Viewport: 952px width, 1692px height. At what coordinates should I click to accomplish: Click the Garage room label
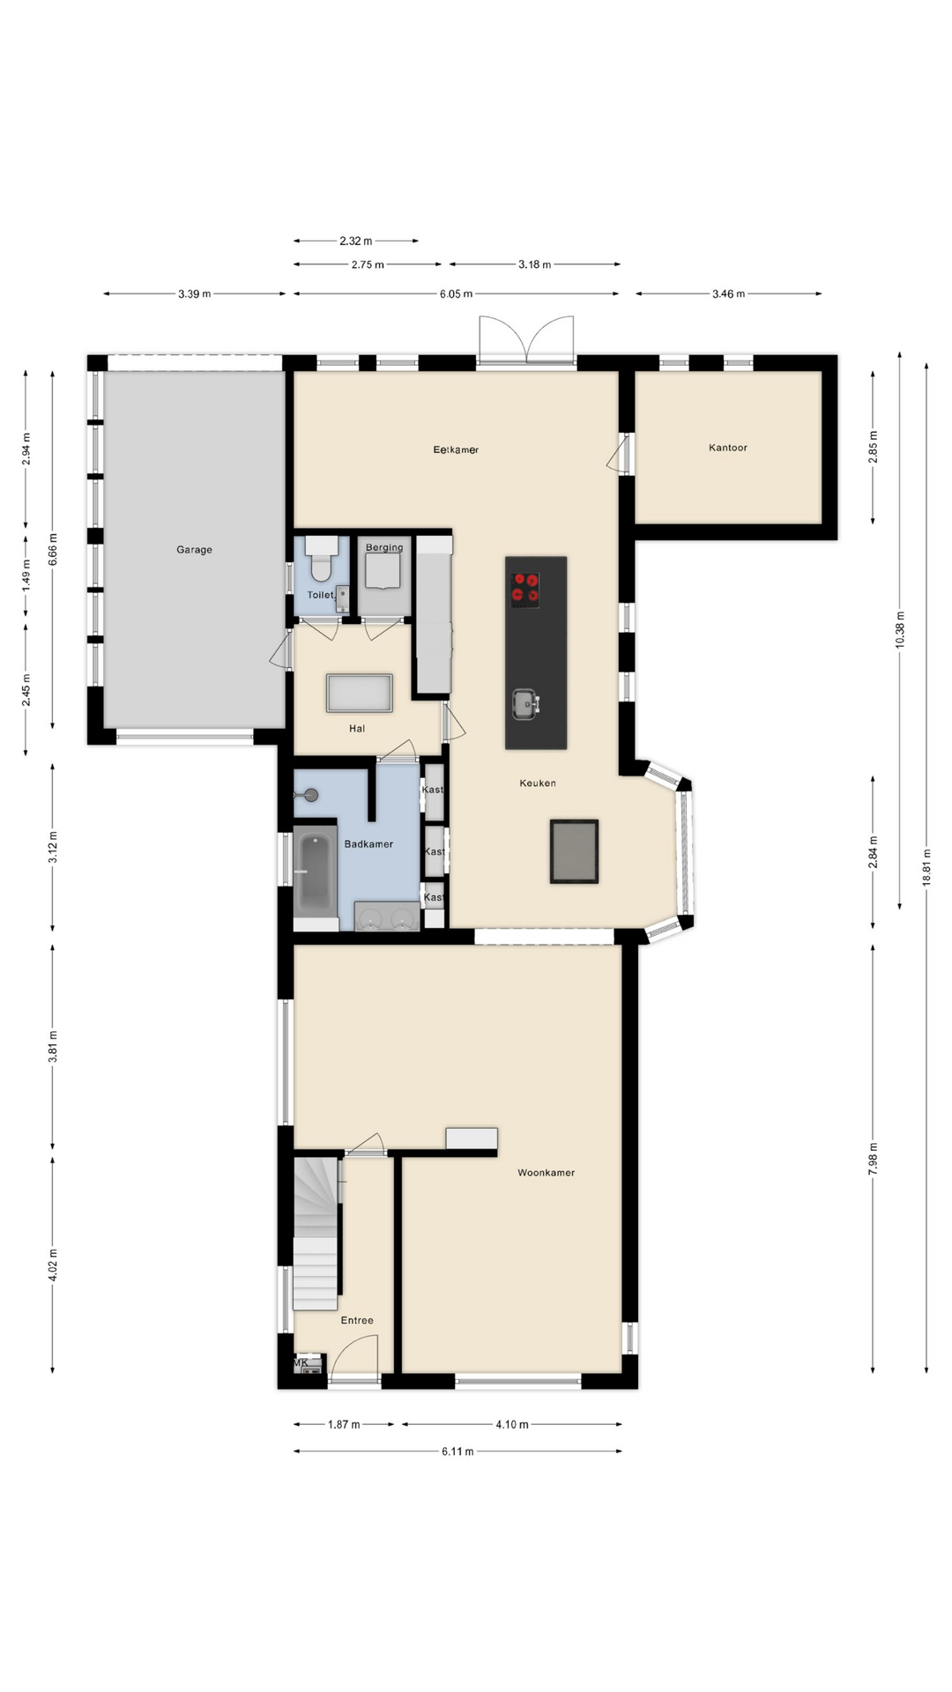194,550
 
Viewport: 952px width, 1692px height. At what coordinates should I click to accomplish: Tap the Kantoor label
728,448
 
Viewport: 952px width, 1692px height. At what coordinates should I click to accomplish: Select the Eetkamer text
456,450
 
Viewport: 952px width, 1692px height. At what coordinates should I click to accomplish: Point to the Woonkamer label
547,1173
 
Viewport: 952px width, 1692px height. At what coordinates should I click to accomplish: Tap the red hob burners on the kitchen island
525,588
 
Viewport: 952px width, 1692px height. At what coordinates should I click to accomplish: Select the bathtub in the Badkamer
315,872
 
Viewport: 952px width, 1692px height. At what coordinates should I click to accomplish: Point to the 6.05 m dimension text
457,294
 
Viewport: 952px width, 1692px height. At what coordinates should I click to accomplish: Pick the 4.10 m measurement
512,1424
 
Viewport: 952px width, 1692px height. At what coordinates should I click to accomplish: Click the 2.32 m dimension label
356,241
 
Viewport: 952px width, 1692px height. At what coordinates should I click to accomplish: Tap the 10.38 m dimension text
900,629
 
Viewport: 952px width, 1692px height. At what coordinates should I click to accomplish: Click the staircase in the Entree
316,1234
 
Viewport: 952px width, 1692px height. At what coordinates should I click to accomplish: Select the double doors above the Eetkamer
526,339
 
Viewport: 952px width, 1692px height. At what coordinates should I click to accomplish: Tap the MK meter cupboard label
301,1363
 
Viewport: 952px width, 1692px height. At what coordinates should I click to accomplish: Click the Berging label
384,547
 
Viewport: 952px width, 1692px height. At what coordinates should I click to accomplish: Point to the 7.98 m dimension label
873,1159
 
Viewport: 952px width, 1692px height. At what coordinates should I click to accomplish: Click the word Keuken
538,783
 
